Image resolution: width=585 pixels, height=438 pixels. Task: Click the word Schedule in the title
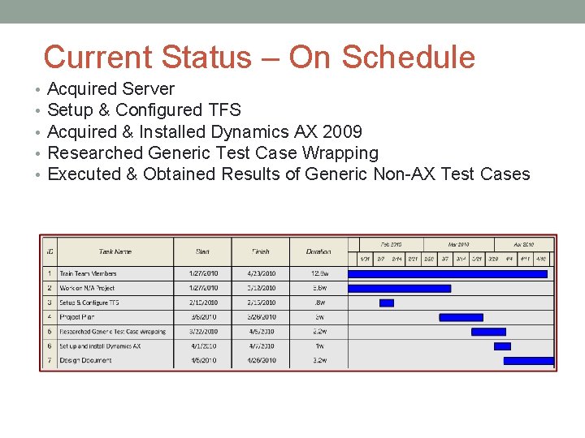(x=408, y=58)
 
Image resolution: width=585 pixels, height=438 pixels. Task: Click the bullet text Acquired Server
(x=111, y=89)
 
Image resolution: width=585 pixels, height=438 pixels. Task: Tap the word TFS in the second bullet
(x=224, y=110)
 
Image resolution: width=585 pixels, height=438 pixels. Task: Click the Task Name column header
(x=115, y=251)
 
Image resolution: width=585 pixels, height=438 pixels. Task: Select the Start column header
(x=202, y=251)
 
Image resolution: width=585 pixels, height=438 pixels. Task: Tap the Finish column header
(x=261, y=251)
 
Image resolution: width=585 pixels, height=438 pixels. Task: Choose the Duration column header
(x=318, y=251)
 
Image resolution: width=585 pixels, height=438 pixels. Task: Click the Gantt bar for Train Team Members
(x=448, y=274)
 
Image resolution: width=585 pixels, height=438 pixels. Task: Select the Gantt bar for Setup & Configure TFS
(x=387, y=303)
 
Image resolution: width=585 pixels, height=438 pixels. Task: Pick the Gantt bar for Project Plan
(x=461, y=317)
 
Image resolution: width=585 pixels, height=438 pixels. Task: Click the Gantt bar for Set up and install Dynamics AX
(x=502, y=346)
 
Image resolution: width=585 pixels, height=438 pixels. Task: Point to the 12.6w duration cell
(x=318, y=273)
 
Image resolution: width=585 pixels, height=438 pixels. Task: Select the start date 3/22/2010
(x=202, y=332)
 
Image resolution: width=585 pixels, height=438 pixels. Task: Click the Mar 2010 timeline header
(x=458, y=244)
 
